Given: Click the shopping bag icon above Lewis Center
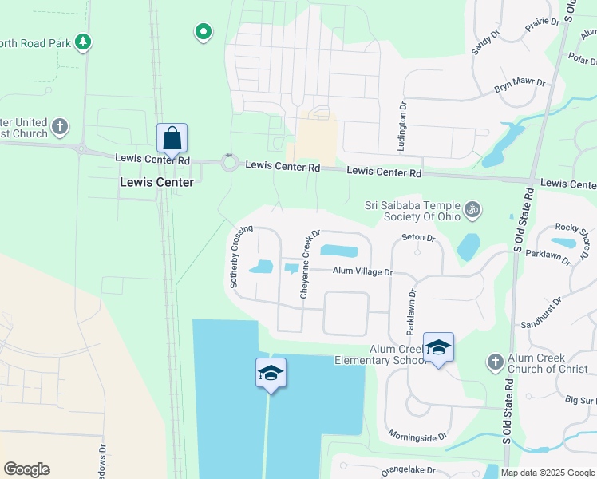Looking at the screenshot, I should pyautogui.click(x=172, y=139).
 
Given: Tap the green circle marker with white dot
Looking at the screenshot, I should pyautogui.click(x=204, y=32).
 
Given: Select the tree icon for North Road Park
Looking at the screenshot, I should pyautogui.click(x=82, y=42).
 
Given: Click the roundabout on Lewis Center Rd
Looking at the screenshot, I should pyautogui.click(x=230, y=164).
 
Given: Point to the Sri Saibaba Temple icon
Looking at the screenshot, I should pyautogui.click(x=472, y=209).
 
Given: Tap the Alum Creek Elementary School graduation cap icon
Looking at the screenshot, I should pyautogui.click(x=438, y=347).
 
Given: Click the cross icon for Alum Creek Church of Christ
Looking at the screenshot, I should pyautogui.click(x=494, y=362).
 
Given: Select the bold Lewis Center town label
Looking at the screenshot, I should pyautogui.click(x=156, y=182).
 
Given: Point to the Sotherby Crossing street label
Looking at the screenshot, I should pyautogui.click(x=241, y=256).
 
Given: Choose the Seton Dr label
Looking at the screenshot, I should pyautogui.click(x=418, y=237).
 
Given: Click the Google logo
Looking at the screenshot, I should pyautogui.click(x=26, y=469).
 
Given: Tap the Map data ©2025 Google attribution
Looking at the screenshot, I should pyautogui.click(x=548, y=473).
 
